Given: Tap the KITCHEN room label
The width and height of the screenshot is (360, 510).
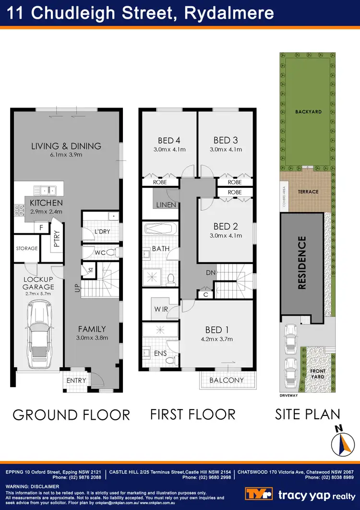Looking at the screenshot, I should [x=46, y=203].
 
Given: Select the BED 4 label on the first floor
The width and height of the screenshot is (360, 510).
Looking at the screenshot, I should [x=169, y=140].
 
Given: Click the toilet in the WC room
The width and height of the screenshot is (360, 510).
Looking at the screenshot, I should [x=110, y=252].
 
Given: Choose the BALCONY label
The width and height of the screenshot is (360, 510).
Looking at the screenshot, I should [x=226, y=380].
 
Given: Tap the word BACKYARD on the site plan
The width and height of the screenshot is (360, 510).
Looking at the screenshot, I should [x=308, y=112].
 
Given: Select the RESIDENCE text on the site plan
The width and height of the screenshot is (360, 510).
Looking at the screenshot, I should [x=302, y=263].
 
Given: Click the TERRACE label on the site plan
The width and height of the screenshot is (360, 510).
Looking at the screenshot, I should [x=308, y=192].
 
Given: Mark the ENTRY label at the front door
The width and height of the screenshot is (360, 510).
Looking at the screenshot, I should [x=76, y=380].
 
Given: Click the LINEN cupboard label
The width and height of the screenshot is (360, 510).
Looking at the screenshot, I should [x=166, y=205].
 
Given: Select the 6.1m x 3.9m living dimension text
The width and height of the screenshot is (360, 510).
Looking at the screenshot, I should [x=66, y=155].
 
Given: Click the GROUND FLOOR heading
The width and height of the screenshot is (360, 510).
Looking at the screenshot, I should [x=71, y=415].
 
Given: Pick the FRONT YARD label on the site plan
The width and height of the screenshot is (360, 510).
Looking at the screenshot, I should [x=318, y=374].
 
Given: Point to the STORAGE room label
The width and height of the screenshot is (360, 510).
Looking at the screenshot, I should [x=26, y=248].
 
